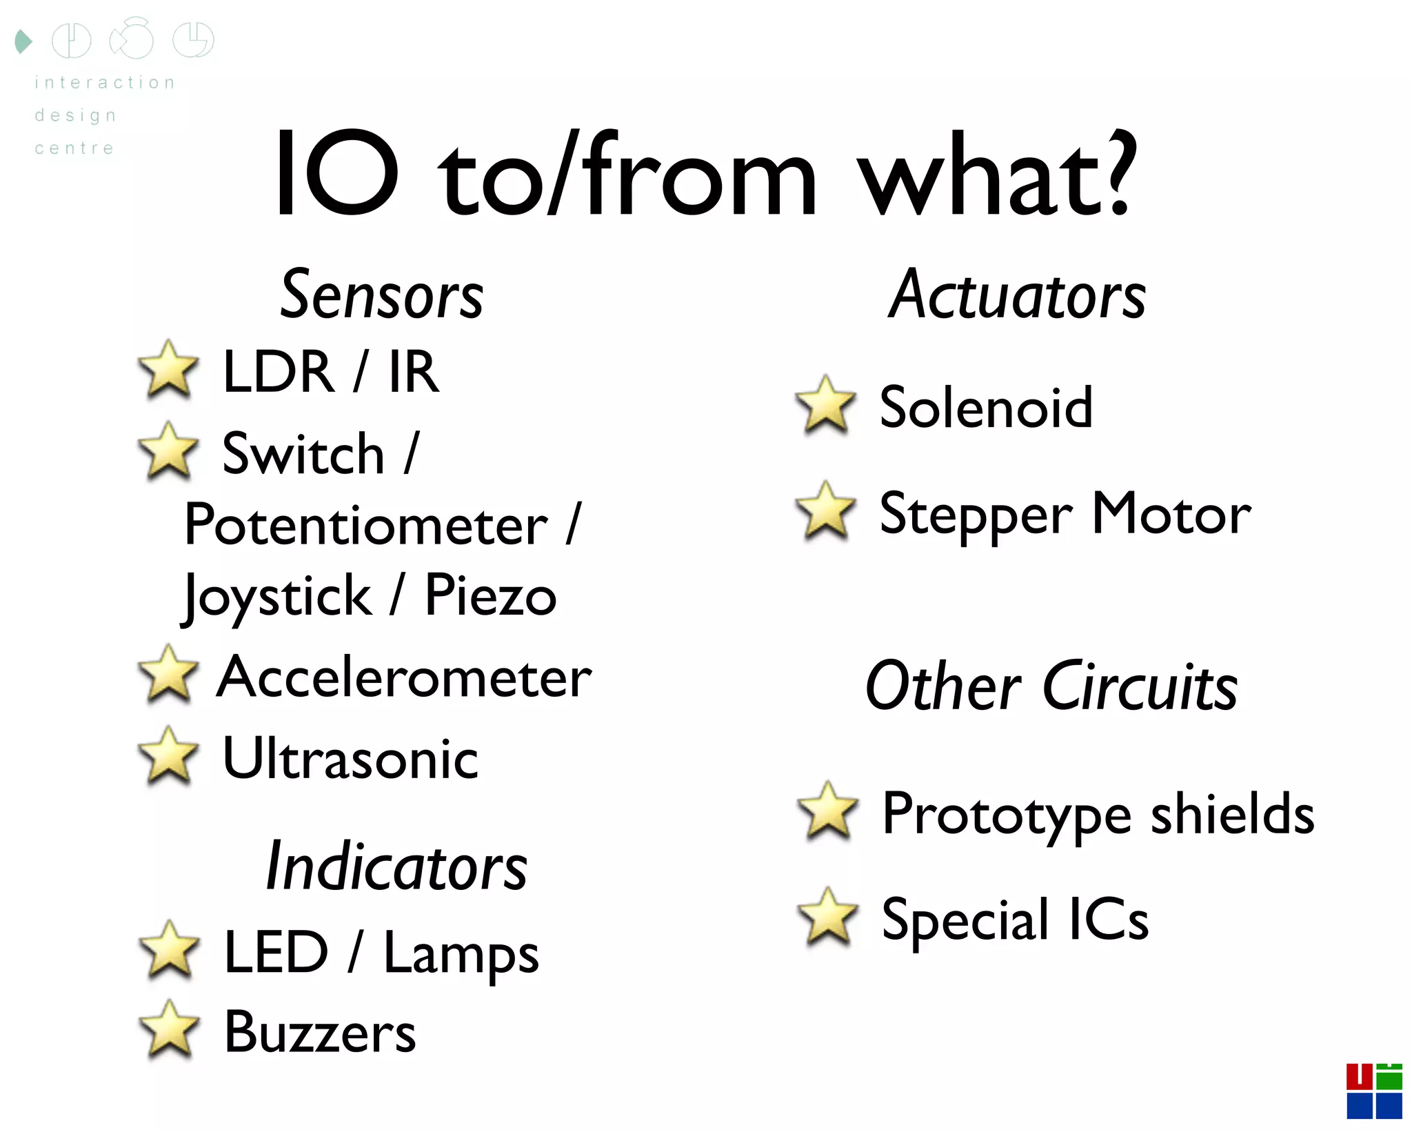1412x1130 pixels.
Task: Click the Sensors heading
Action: pyautogui.click(x=382, y=296)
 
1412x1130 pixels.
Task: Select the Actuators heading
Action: pyautogui.click(x=1017, y=296)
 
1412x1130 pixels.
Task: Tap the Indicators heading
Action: pyautogui.click(x=396, y=867)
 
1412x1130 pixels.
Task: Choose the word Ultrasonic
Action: pyautogui.click(x=350, y=759)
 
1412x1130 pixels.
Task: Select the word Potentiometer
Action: pyautogui.click(x=366, y=526)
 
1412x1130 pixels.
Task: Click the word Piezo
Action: pyautogui.click(x=490, y=596)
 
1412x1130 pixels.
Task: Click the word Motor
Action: pyautogui.click(x=1171, y=514)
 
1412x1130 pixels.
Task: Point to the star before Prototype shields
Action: pyautogui.click(x=827, y=812)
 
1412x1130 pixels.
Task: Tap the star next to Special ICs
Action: pyautogui.click(x=827, y=918)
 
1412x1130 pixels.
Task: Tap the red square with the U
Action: pyautogui.click(x=1360, y=1077)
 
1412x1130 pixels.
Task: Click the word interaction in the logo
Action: pyautogui.click(x=105, y=83)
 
